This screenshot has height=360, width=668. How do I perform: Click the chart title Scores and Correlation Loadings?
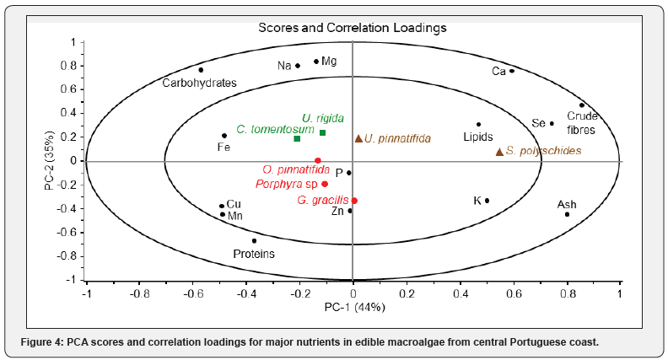pyautogui.click(x=352, y=27)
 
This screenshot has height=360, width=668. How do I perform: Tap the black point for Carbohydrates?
pyautogui.click(x=201, y=70)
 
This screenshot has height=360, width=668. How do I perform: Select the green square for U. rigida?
pyautogui.click(x=322, y=132)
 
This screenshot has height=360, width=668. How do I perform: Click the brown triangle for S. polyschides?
pyautogui.click(x=499, y=152)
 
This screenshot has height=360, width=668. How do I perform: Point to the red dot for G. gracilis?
pyautogui.click(x=354, y=201)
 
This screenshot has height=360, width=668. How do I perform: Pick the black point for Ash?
pyautogui.click(x=567, y=214)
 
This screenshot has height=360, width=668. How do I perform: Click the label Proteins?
pyautogui.click(x=253, y=253)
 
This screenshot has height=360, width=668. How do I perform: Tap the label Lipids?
pyautogui.click(x=477, y=137)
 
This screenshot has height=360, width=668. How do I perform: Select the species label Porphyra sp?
pyautogui.click(x=287, y=183)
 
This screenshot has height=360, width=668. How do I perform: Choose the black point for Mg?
pyautogui.click(x=316, y=61)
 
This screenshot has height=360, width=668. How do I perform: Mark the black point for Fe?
pyautogui.click(x=224, y=136)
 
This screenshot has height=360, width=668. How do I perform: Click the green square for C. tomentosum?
pyautogui.click(x=297, y=138)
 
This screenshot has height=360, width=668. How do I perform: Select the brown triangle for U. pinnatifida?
pyautogui.click(x=358, y=138)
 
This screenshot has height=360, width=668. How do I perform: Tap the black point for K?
pyautogui.click(x=487, y=201)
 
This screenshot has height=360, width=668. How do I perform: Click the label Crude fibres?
pyautogui.click(x=581, y=124)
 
